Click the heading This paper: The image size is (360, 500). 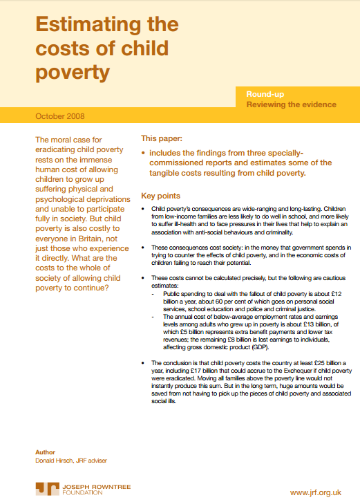pos(163,138)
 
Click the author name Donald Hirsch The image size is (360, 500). pos(55,460)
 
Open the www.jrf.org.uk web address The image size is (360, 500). pos(316,492)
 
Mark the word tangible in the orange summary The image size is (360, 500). pos(160,173)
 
